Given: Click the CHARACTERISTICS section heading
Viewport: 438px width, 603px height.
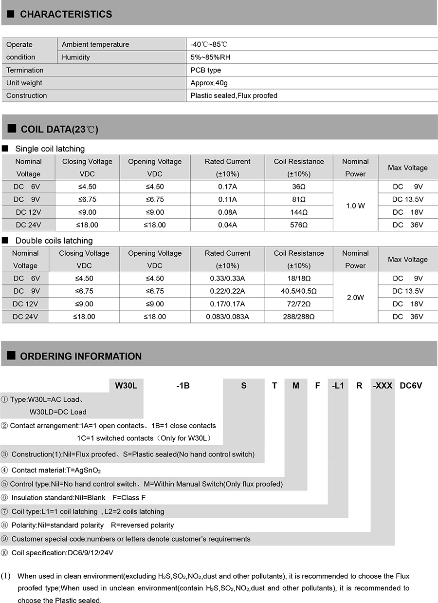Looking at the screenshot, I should point(66,15).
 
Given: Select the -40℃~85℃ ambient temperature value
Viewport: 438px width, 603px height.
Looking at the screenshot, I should point(209,44).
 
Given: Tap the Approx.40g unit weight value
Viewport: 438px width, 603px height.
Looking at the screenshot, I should point(209,83).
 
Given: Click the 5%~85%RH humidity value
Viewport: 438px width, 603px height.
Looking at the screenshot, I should point(211,57).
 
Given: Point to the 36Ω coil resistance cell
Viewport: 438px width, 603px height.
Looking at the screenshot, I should point(299,187).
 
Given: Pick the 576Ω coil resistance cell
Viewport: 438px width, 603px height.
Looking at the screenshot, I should point(299,225).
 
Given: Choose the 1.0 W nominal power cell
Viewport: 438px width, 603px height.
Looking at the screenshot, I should point(355,206).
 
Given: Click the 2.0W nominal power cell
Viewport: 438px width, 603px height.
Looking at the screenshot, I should point(355,297).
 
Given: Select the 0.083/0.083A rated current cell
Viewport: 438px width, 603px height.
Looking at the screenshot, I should point(227,317).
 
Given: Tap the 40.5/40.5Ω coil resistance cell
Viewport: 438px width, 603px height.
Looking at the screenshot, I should point(299,291).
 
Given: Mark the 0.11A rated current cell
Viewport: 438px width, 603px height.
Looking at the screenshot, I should point(227,199).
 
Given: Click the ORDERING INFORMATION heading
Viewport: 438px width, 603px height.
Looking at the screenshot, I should point(81,356).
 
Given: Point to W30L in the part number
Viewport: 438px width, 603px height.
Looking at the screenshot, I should point(126,386).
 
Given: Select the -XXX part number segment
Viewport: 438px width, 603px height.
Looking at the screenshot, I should point(383,386).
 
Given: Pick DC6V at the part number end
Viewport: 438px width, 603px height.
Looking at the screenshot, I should point(411,386).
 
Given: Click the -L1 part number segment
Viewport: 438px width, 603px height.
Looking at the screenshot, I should point(338,386).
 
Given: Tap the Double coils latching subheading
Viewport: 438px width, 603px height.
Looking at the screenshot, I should point(54,241).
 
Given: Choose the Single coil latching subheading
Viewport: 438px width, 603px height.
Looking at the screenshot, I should point(50,149).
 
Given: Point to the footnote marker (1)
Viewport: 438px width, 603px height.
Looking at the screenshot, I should point(6,576).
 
